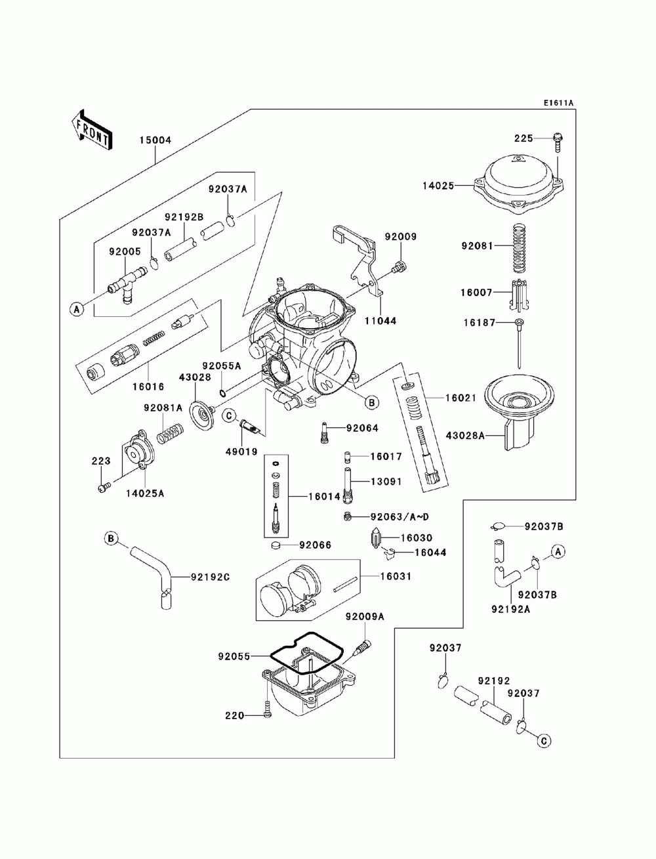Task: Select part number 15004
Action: pyautogui.click(x=155, y=140)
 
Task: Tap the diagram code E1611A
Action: pyautogui.click(x=558, y=103)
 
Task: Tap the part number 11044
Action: pyautogui.click(x=381, y=322)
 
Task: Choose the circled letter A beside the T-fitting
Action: pyautogui.click(x=77, y=308)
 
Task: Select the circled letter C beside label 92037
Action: pyautogui.click(x=543, y=740)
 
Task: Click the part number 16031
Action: pyautogui.click(x=397, y=576)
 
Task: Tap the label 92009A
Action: pyautogui.click(x=365, y=617)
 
